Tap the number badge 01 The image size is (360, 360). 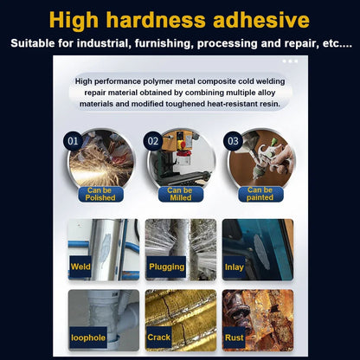(x=73, y=140)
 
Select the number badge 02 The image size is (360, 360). (x=152, y=140)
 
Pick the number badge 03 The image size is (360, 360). (x=231, y=140)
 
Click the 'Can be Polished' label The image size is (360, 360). (x=100, y=194)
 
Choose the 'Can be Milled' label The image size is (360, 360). (x=180, y=194)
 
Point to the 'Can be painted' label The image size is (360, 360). (x=260, y=194)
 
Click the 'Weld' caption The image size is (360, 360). (x=81, y=267)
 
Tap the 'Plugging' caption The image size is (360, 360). (x=167, y=267)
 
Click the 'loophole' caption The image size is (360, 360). (x=88, y=337)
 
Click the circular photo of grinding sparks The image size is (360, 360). (x=101, y=157)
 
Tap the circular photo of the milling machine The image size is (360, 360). (x=181, y=157)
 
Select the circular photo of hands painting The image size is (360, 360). (x=260, y=157)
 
